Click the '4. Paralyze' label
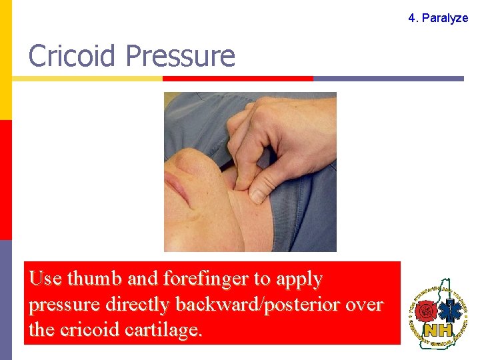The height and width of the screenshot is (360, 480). pyautogui.click(x=438, y=18)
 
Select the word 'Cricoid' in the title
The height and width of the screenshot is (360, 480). pyautogui.click(x=73, y=56)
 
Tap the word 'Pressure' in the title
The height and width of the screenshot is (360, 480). pyautogui.click(x=179, y=56)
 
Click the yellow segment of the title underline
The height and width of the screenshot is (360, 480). pyautogui.click(x=87, y=79)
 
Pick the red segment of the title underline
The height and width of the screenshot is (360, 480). pyautogui.click(x=237, y=79)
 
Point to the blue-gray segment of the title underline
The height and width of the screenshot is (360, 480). pyautogui.click(x=388, y=79)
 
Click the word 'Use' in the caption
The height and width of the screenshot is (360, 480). pyautogui.click(x=45, y=279)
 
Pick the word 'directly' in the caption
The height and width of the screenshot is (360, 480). pyautogui.click(x=138, y=305)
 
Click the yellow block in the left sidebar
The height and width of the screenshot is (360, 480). pyautogui.click(x=5, y=60)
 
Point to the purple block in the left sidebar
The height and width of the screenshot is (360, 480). pyautogui.click(x=5, y=300)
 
